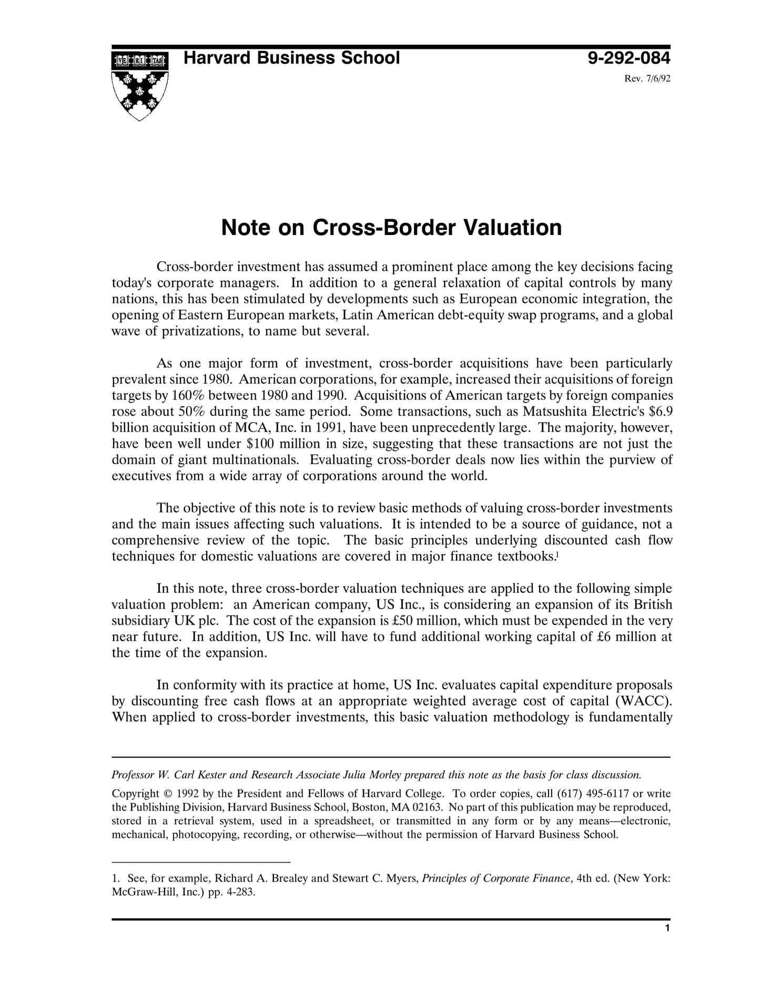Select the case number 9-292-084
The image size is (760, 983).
click(629, 58)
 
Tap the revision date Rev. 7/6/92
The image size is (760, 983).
click(647, 79)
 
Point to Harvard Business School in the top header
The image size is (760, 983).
click(291, 58)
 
